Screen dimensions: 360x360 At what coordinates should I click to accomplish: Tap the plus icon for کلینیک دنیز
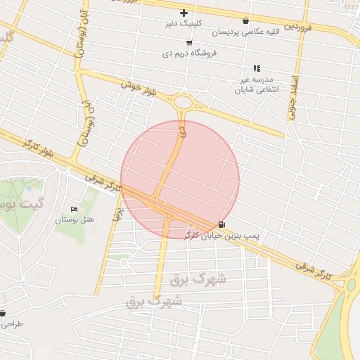184,13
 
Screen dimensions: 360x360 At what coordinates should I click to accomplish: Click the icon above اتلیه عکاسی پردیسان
245,21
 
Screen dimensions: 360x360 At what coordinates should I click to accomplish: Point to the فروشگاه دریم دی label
189,53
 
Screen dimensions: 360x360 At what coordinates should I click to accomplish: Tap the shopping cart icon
189,43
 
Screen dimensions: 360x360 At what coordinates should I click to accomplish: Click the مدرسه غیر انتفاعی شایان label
257,85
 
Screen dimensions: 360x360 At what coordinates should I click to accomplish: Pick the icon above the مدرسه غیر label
257,68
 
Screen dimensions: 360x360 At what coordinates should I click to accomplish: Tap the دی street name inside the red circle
184,131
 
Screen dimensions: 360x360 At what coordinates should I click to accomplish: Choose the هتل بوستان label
75,220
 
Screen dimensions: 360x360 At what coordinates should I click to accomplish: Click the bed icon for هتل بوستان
75,210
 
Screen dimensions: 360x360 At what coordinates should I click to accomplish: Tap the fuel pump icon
222,224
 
